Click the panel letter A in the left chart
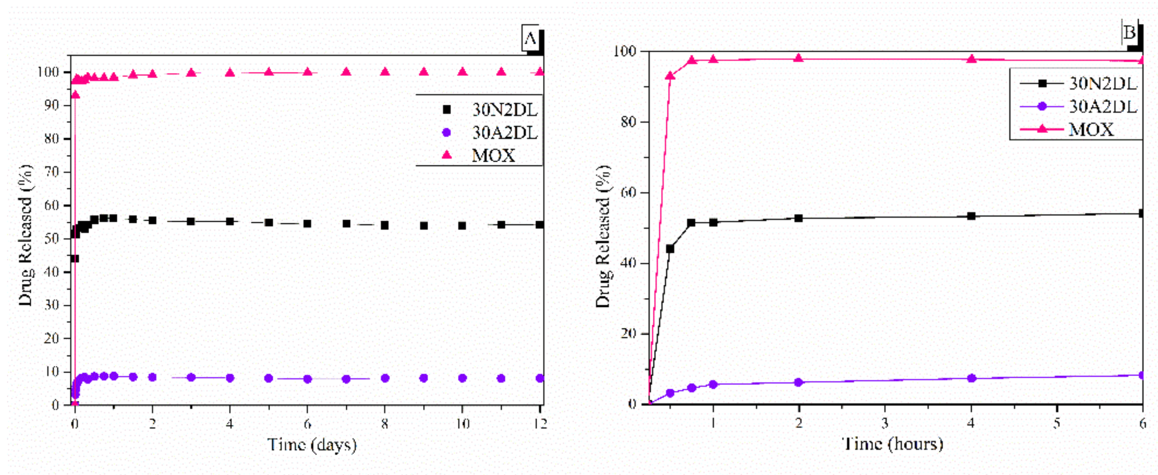[531, 39]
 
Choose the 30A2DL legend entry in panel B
[1102, 106]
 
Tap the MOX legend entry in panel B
[1091, 129]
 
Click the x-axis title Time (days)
[312, 445]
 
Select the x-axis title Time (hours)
[892, 444]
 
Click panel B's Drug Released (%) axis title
[604, 237]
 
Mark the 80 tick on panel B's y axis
[628, 122]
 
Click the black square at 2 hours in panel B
[798, 218]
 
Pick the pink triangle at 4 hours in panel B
[972, 59]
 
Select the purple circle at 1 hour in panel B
[713, 384]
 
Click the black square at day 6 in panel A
[308, 223]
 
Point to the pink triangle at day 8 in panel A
[385, 72]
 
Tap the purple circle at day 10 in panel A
[462, 378]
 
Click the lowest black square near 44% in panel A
[75, 258]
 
